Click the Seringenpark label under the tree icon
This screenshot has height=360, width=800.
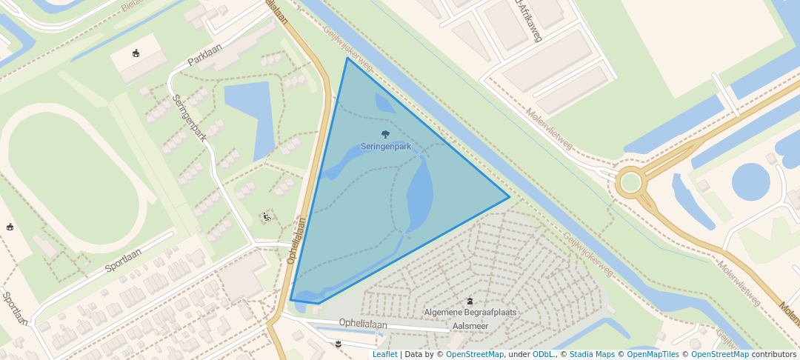385,147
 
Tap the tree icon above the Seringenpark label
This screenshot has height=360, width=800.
385,134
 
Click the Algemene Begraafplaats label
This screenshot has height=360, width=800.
470,313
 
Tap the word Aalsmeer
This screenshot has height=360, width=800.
470,325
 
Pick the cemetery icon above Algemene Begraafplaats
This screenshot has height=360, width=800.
470,301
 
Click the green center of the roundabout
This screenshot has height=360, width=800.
631,182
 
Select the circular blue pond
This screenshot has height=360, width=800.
750,181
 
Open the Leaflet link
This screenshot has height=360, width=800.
384,354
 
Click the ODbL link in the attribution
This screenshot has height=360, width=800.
543,354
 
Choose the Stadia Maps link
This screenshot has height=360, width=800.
590,354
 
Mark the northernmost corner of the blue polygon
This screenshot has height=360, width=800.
347,58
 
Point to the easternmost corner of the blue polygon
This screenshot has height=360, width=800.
509,197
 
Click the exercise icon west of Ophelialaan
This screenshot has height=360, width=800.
266,216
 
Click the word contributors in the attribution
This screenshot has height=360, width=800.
774,354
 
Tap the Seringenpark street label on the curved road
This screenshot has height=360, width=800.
190,117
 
